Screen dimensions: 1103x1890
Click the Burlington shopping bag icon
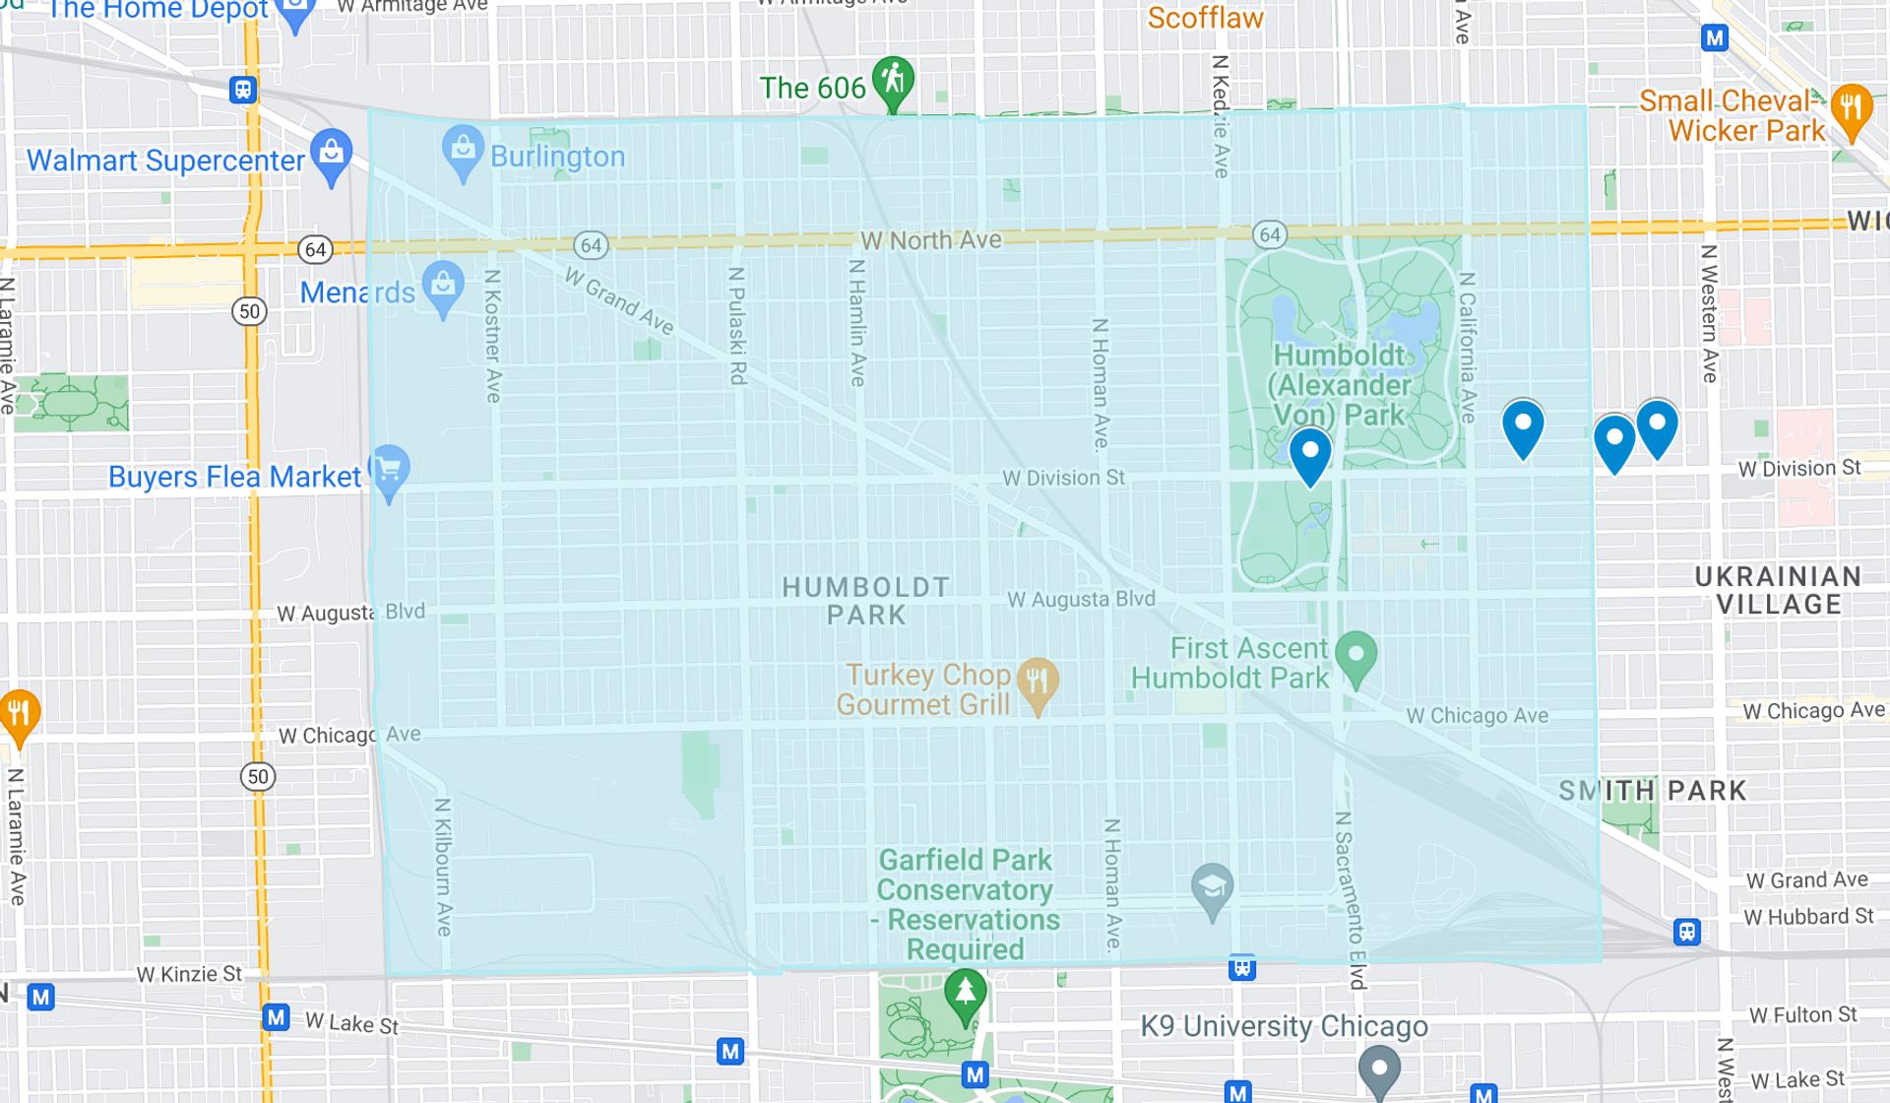[462, 150]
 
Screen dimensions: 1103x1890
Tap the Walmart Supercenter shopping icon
[332, 154]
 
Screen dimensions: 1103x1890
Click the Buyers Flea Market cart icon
[389, 470]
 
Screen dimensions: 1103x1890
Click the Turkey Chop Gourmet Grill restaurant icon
[1037, 681]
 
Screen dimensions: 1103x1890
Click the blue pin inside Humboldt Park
[1310, 453]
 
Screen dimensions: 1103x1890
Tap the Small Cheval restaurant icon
[1852, 107]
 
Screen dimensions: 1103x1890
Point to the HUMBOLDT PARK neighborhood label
[866, 601]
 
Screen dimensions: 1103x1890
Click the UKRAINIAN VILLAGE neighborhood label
[1778, 590]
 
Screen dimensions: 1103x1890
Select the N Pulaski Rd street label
[736, 325]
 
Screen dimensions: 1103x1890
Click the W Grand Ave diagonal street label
[619, 301]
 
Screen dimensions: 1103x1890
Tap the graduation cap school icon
[1212, 888]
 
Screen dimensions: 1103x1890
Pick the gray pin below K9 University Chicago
[1379, 1070]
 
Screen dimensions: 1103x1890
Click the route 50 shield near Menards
[250, 312]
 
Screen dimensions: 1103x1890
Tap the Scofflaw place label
[1205, 18]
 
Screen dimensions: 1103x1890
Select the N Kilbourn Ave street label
[443, 867]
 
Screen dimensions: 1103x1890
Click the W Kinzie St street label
[189, 974]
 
